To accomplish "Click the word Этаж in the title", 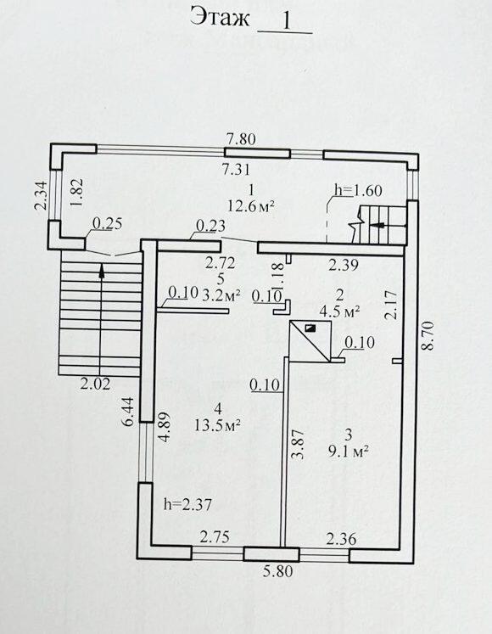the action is pos(221,18).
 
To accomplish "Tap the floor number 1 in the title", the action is pos(287,20).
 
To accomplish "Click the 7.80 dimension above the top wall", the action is pos(241,139).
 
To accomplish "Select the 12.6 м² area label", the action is pos(251,206).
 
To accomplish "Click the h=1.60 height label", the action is pos(359,190).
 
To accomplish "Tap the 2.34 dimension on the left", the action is pos(41,195).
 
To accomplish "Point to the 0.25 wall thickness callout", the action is pos(108,223).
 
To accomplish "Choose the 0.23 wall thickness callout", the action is pos(210,226).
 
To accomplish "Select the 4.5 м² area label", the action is pos(340,311).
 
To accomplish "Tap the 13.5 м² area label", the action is pos(218,425).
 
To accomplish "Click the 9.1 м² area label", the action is pos(348,451).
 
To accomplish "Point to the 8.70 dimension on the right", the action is pos(428,335).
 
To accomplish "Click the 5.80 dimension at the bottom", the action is pos(277,572).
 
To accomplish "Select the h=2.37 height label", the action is pos(187,504).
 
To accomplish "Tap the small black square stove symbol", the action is pos(310,328).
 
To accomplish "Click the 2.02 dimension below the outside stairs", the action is pos(95,384).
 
